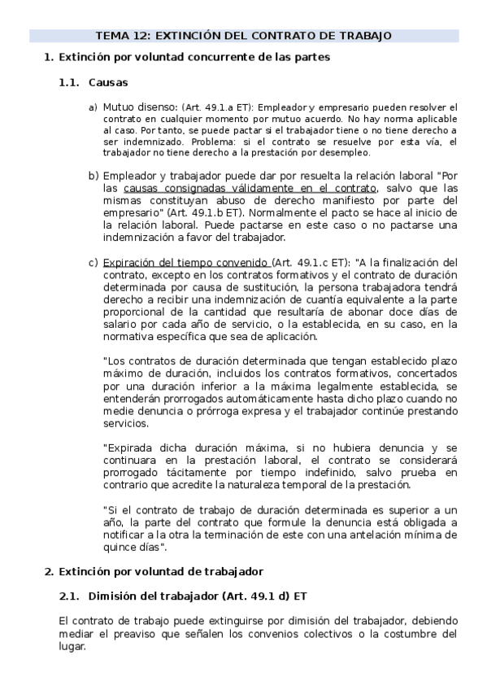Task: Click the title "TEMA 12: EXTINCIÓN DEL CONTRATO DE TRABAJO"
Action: coord(244,36)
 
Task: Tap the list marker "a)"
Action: coord(93,107)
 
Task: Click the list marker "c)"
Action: coord(93,262)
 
